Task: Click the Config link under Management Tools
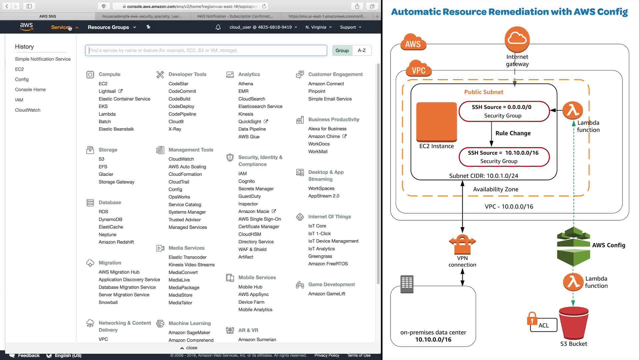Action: click(175, 189)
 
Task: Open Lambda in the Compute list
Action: click(107, 114)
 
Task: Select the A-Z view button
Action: click(361, 50)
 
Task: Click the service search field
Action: click(206, 50)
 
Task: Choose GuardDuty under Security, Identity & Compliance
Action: click(249, 196)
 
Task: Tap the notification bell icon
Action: click(218, 27)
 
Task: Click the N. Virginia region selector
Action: click(318, 27)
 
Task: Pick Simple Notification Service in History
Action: click(43, 59)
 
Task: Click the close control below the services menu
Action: click(189, 348)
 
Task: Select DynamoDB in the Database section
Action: click(110, 219)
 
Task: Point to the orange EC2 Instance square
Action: click(436, 122)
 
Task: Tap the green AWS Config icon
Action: click(573, 247)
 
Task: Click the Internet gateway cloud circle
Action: click(517, 39)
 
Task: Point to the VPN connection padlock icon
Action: click(462, 244)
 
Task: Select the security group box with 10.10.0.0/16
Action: click(504, 157)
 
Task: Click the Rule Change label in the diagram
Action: click(513, 133)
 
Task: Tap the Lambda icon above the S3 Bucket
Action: click(573, 282)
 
